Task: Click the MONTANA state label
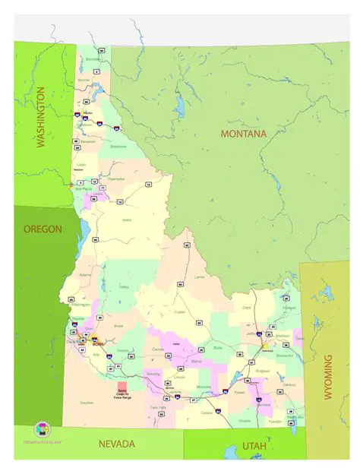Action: click(x=243, y=134)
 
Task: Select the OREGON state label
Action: click(x=42, y=229)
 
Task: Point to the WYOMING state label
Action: click(x=329, y=375)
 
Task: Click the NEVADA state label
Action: click(x=116, y=444)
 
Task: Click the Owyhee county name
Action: click(x=87, y=403)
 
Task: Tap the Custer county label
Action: click(x=179, y=311)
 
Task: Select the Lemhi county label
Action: click(x=200, y=277)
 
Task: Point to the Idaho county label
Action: click(x=127, y=220)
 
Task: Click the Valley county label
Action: click(x=124, y=286)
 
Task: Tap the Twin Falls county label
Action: click(x=158, y=408)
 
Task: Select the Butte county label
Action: click(x=218, y=347)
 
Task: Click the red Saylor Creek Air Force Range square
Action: click(x=122, y=389)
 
